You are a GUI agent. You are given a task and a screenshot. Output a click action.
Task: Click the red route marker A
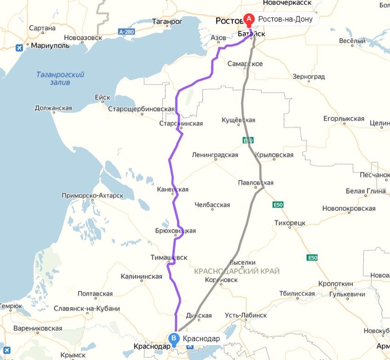249,19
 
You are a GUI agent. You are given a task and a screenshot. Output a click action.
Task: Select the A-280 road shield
126,32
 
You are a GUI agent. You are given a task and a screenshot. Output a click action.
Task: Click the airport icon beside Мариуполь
19,47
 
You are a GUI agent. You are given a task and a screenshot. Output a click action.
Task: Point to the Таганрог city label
167,22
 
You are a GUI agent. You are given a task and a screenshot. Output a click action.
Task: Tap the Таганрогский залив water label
60,78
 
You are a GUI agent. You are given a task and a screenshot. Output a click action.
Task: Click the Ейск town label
102,97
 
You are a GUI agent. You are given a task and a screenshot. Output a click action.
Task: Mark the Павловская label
255,183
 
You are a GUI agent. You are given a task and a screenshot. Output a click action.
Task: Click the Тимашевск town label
169,257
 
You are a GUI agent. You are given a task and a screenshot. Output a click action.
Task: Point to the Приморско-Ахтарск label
92,196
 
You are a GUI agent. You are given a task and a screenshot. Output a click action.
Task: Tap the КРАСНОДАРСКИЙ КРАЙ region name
237,271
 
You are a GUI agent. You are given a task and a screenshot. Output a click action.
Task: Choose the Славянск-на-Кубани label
87,309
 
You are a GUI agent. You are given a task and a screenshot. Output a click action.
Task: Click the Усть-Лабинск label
246,315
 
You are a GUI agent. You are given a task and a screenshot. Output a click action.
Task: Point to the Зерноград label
308,76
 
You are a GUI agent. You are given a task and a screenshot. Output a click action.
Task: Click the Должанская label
53,109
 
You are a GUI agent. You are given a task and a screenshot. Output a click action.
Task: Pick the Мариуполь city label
50,46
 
